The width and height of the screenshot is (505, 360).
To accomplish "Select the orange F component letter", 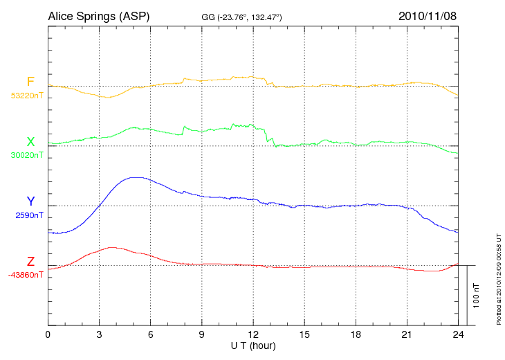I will pos(30,82).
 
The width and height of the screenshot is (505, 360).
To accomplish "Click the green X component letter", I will pos(30,142).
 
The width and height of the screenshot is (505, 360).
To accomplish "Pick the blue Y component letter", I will pos(30,201).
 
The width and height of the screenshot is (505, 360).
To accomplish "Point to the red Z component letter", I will pos(30,262).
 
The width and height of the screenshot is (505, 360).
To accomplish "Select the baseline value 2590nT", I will pos(29,215).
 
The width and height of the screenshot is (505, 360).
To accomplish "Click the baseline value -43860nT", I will pos(26,275).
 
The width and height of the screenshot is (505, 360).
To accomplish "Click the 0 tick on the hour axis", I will pos(48,334).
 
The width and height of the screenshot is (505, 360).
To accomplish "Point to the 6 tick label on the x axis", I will pos(150,334).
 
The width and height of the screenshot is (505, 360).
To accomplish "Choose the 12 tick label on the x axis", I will pos(253,334).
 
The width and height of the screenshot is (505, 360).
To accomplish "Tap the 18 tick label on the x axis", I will pos(356,334).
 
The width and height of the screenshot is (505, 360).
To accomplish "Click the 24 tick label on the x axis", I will pos(458,334).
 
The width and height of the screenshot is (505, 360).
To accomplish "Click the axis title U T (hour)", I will pos(253,345).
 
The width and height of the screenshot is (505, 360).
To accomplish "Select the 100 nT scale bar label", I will pos(477,295).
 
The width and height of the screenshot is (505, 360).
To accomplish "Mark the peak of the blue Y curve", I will pos(136,177).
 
